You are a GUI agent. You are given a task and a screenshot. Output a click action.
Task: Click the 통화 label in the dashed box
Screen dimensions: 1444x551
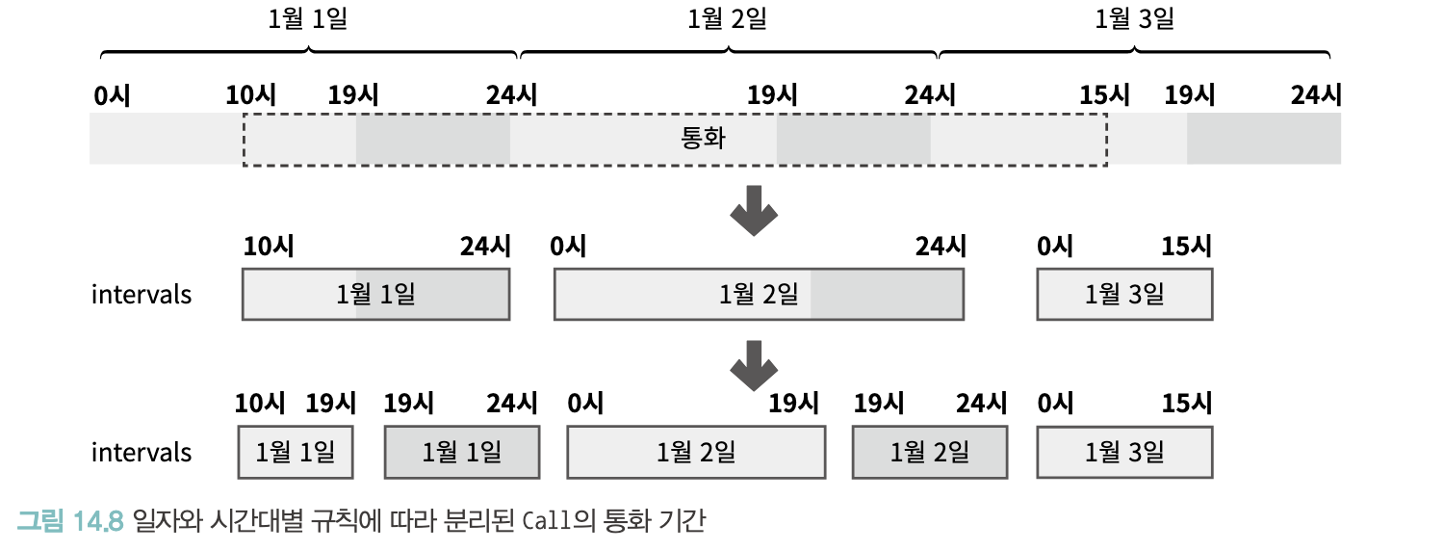pos(703,139)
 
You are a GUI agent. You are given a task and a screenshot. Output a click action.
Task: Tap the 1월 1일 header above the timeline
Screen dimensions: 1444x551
pos(308,19)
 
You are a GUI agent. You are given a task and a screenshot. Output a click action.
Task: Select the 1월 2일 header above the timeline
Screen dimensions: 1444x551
pos(728,19)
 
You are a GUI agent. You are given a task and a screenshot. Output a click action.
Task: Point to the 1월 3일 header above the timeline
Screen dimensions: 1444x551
pos(1135,19)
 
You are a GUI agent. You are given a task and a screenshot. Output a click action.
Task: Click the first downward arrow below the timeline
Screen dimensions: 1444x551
pos(753,211)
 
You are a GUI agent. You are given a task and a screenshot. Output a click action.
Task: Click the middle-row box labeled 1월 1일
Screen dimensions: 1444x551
pos(375,294)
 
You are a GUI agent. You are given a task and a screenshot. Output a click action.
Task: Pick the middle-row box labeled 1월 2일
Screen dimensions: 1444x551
pos(759,294)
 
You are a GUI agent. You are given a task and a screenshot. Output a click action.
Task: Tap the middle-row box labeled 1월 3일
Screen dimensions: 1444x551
pos(1124,294)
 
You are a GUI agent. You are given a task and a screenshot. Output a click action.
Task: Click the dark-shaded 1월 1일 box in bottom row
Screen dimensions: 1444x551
pos(461,452)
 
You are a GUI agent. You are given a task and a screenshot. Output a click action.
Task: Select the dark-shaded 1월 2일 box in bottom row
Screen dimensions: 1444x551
pos(930,452)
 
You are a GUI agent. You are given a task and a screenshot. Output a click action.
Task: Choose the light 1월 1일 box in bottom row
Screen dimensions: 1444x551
pos(296,452)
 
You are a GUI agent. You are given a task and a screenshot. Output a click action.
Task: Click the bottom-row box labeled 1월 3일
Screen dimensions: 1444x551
pos(1124,452)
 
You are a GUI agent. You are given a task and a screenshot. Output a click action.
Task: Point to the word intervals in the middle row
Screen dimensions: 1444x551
pos(142,294)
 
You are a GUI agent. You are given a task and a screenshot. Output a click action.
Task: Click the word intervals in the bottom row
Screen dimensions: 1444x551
pos(142,452)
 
